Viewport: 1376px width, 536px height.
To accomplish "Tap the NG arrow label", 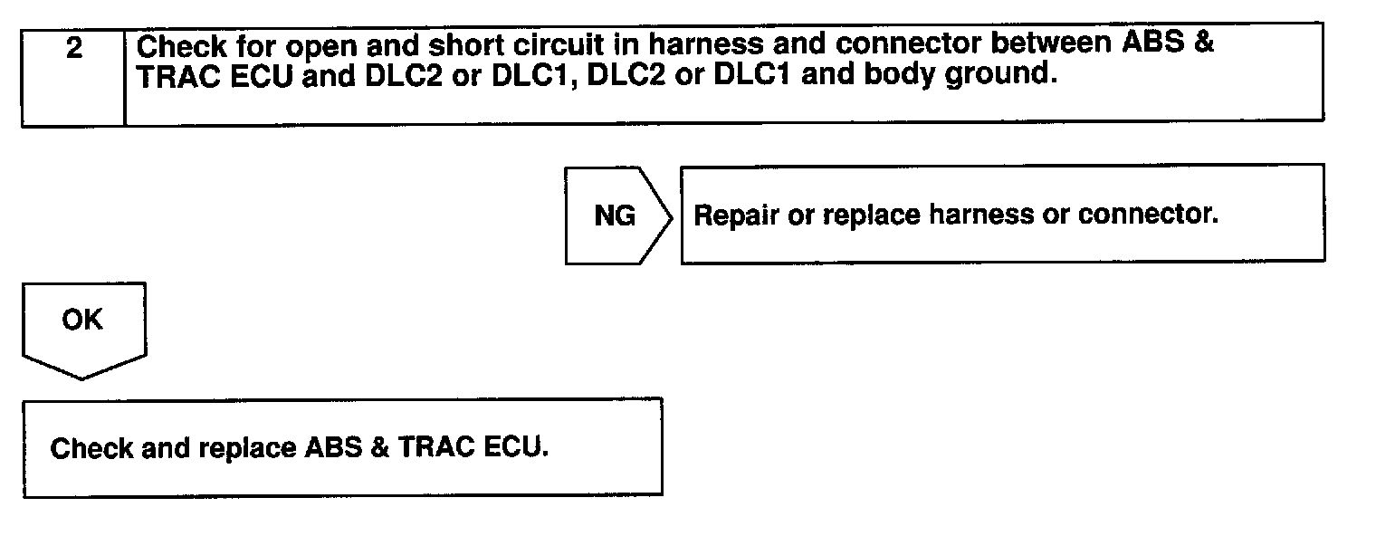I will (x=615, y=216).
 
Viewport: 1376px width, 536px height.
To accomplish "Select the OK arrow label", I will (x=82, y=320).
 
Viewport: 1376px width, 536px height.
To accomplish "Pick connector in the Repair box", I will (x=1149, y=216).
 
